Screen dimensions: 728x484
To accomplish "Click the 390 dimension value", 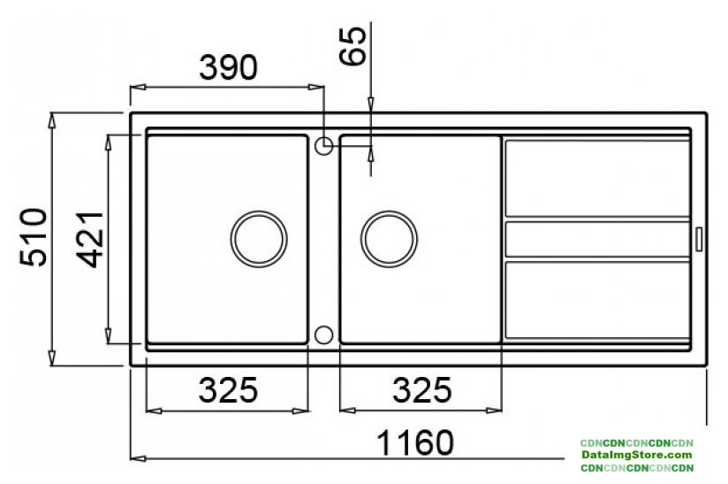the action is coord(228,67).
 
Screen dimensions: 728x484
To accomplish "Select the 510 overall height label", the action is coord(34,238).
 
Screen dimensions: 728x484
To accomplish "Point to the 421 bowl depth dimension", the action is coord(90,240).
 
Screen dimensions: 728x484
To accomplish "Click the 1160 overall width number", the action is coord(414,443).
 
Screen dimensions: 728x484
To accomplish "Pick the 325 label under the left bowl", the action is coord(228,390).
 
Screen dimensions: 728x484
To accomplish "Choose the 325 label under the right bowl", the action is coord(421,390).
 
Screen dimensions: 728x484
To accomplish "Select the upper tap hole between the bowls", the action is coord(323,146).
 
